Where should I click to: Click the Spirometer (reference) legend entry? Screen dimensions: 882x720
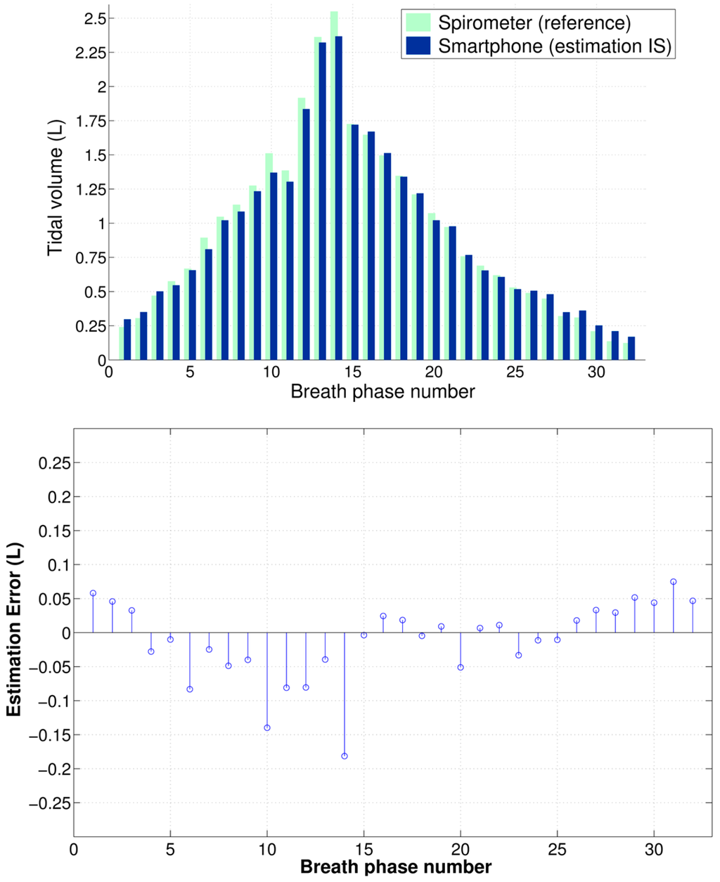click(x=534, y=22)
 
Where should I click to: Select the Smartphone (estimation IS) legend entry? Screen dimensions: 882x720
click(x=555, y=47)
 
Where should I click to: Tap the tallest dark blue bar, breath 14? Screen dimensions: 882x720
click(x=339, y=197)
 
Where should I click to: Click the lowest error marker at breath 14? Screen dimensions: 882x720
click(x=345, y=756)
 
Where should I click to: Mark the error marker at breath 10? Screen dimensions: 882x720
click(x=267, y=728)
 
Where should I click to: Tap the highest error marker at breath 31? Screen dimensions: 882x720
click(x=674, y=582)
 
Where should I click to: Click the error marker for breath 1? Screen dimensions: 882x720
click(x=93, y=593)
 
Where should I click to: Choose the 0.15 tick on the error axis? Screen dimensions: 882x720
click(x=56, y=531)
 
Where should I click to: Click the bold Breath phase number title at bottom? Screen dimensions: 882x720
click(x=396, y=867)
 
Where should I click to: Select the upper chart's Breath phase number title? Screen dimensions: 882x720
click(x=382, y=391)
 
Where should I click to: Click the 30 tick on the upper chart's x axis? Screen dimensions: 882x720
click(x=596, y=372)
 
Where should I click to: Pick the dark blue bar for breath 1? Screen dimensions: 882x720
click(x=127, y=340)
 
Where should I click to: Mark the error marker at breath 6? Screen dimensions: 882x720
click(x=190, y=689)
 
